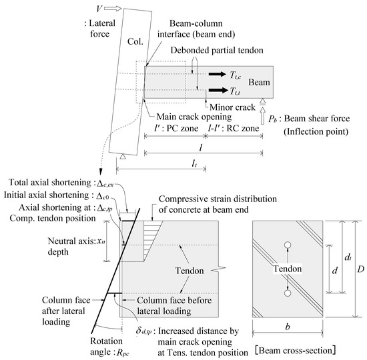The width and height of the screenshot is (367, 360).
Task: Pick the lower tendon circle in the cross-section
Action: (x=287, y=292)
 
